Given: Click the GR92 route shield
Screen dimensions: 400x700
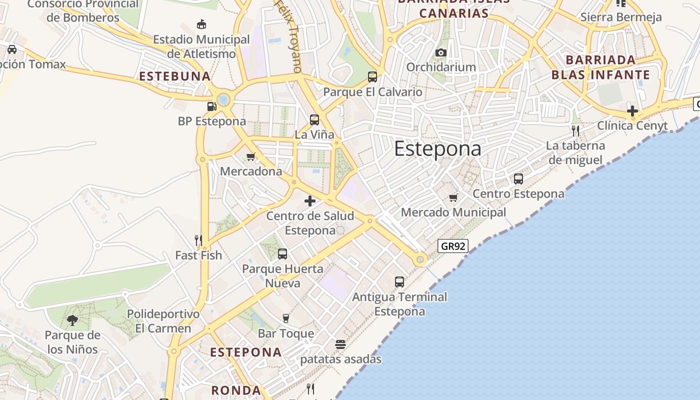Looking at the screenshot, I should tap(452, 245).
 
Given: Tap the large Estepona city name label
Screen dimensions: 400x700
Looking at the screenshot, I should tap(437, 148).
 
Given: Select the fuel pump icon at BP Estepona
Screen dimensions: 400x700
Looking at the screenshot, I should tap(211, 106).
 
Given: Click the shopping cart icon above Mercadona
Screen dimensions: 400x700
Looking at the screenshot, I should tap(251, 156).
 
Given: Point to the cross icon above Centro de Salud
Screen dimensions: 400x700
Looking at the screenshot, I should tap(310, 201).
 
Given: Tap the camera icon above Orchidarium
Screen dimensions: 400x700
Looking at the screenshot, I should tap(440, 52).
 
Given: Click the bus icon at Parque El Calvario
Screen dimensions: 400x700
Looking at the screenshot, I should tap(372, 77).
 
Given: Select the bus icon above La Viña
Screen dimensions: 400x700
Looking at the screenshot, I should tap(314, 120).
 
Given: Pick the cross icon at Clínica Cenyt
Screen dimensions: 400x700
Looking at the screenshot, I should tap(632, 110).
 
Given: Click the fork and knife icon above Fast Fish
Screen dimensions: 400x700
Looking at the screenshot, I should tap(198, 240).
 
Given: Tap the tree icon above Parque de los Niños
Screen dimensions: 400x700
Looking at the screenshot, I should tap(72, 320).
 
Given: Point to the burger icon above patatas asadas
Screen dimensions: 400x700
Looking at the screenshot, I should tap(340, 344).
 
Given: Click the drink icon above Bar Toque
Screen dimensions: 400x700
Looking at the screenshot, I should tap(286, 318).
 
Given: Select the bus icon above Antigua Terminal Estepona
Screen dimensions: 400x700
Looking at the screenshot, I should tap(399, 281).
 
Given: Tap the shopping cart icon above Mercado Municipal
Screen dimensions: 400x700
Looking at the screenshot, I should tap(453, 197).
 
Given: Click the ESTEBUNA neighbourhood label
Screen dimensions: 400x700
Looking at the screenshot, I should tap(175, 76).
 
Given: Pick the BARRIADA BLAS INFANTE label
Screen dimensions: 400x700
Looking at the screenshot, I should tap(600, 67).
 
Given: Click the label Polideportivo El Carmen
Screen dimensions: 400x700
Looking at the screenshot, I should tap(163, 321).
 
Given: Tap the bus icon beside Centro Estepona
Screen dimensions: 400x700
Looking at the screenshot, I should tap(518, 178).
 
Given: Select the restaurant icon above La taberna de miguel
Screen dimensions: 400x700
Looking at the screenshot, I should tap(575, 131).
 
